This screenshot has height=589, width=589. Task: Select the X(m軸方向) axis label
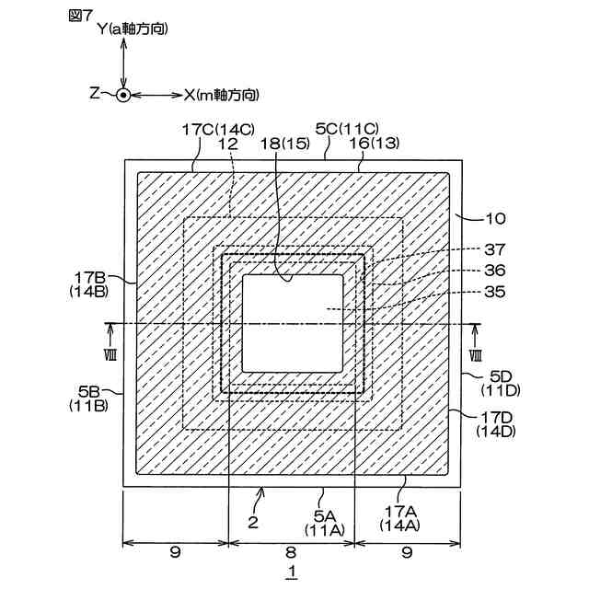click(x=220, y=94)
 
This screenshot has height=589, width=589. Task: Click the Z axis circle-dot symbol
click(x=123, y=94)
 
